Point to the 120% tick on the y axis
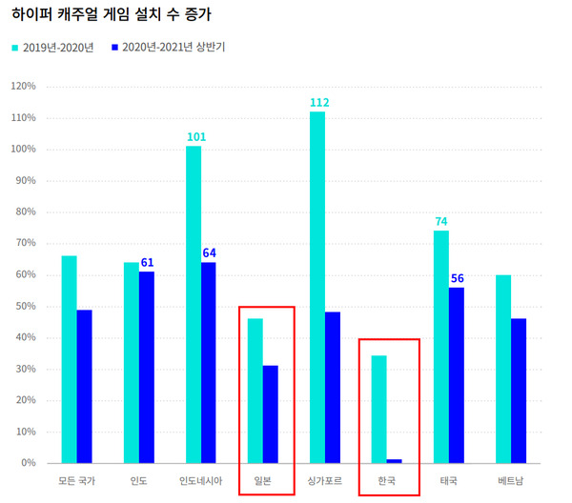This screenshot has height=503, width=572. [x=22, y=87]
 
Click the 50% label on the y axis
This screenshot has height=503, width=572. [x=24, y=307]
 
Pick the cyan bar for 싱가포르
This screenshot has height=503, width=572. [x=317, y=287]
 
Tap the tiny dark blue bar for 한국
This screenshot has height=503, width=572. [x=395, y=461]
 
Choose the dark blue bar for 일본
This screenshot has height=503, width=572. [x=271, y=414]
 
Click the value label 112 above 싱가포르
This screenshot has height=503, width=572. [x=318, y=103]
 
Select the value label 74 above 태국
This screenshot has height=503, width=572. [x=441, y=222]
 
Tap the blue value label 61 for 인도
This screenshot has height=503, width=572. [x=147, y=263]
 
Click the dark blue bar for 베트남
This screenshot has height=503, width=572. [x=519, y=391]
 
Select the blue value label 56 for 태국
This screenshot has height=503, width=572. [x=457, y=279]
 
